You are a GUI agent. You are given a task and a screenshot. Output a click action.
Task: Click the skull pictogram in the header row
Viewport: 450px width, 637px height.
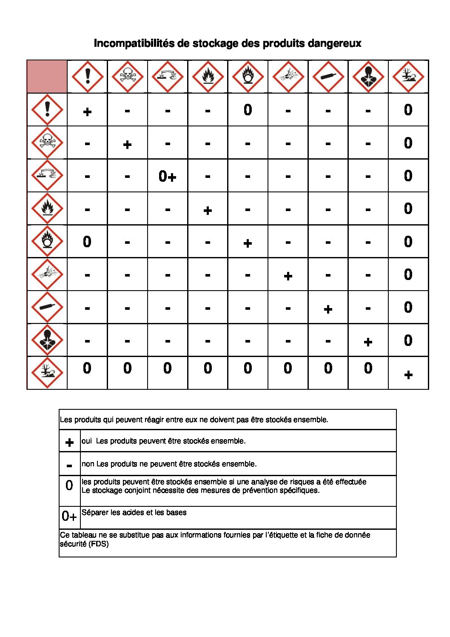pyautogui.click(x=127, y=77)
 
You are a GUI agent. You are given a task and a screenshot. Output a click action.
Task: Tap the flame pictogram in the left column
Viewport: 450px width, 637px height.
pyautogui.click(x=47, y=209)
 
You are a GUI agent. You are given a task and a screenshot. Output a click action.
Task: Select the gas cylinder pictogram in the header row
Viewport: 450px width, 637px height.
pyautogui.click(x=328, y=77)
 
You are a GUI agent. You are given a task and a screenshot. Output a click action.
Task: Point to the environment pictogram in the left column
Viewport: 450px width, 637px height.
pyautogui.click(x=47, y=373)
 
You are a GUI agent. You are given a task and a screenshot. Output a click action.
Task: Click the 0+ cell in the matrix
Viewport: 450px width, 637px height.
pyautogui.click(x=167, y=176)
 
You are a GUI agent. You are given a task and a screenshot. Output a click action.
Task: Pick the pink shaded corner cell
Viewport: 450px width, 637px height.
pyautogui.click(x=47, y=77)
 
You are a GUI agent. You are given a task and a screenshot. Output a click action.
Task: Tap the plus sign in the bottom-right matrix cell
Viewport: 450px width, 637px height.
pyautogui.click(x=408, y=375)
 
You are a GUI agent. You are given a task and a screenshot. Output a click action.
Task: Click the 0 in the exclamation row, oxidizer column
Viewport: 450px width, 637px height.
pyautogui.click(x=248, y=110)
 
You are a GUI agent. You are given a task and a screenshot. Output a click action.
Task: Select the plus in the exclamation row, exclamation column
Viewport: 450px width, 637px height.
pyautogui.click(x=87, y=112)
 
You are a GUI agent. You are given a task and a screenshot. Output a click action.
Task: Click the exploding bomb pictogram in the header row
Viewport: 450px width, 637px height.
pyautogui.click(x=288, y=77)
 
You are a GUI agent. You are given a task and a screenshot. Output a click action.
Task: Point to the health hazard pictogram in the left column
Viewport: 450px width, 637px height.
pyautogui.click(x=47, y=340)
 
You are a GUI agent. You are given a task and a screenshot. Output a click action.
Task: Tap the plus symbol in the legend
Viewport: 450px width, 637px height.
pyautogui.click(x=69, y=443)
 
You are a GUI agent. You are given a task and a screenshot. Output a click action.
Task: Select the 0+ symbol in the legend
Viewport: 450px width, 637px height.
pyautogui.click(x=69, y=516)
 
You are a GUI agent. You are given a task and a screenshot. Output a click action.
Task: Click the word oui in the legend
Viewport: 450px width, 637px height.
pyautogui.click(x=86, y=441)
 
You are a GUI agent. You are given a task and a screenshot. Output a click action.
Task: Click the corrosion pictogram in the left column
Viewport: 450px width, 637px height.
pyautogui.click(x=47, y=175)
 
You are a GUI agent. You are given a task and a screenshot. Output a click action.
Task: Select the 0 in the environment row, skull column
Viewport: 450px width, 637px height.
pyautogui.click(x=127, y=368)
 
